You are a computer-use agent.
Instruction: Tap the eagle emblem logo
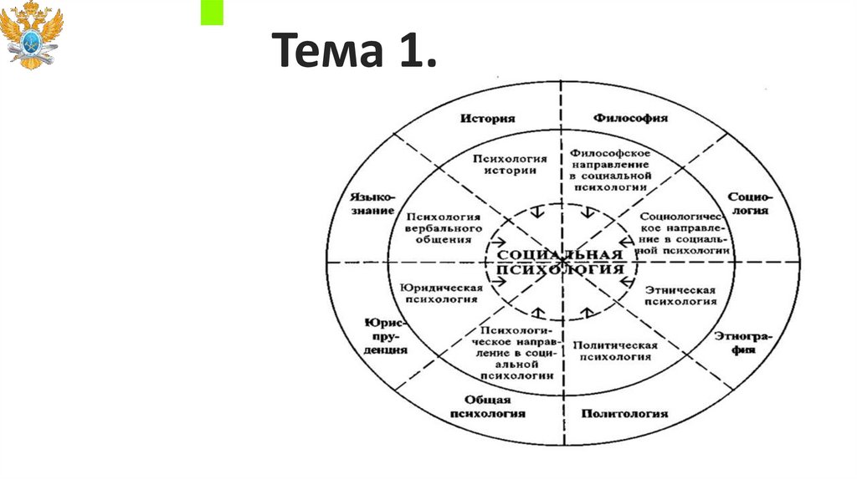33,34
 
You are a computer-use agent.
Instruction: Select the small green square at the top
213,13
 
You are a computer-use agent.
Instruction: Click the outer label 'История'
487,118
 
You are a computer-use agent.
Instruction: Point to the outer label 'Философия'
631,118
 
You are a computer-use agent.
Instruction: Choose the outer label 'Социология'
747,203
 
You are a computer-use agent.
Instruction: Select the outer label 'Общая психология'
488,406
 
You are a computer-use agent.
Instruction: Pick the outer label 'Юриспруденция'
386,336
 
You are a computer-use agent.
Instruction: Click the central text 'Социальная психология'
560,262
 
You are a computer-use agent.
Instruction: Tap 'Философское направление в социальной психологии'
611,171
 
